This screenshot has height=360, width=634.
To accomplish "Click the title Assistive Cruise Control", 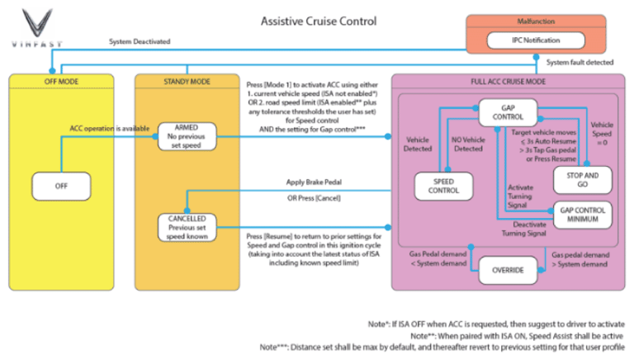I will pyautogui.click(x=318, y=21).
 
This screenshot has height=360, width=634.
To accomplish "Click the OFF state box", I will pyautogui.click(x=61, y=186).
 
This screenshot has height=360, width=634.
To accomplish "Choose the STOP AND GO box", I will pyautogui.click(x=584, y=178).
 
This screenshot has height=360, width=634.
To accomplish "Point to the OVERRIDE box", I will pyautogui.click(x=509, y=270).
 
